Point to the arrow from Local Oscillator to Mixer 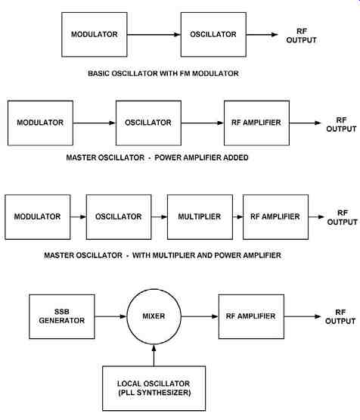[154, 355]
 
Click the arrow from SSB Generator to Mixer [110, 316]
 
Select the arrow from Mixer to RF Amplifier [200, 316]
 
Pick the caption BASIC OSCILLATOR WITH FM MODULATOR [163, 73]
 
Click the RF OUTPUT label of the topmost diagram [301, 36]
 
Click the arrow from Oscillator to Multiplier [160, 216]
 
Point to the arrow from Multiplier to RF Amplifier [237, 216]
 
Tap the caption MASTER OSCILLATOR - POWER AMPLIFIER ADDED [157, 157]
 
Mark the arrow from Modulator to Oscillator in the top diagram [154, 35]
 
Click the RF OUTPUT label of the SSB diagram [340, 316]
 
